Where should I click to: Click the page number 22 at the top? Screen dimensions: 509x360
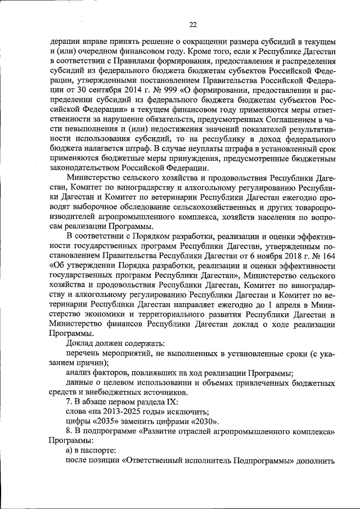pyautogui.click(x=193, y=25)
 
